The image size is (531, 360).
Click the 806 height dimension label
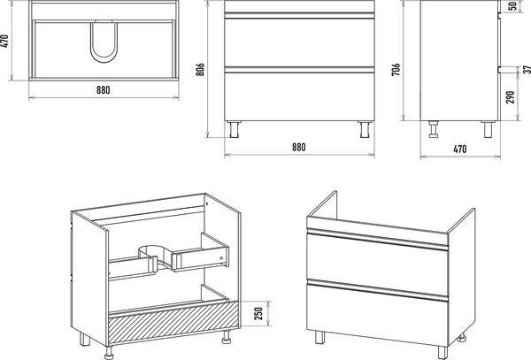(x=200, y=69)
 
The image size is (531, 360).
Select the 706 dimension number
(x=396, y=69)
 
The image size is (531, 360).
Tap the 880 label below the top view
(x=104, y=90)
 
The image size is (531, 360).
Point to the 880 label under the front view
(x=299, y=147)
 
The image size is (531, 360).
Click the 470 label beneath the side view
(x=460, y=149)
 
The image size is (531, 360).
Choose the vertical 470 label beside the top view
(x=4, y=42)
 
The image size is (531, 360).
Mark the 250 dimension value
(x=258, y=314)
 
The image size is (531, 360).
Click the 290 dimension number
(x=511, y=97)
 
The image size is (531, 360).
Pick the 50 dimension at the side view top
(x=513, y=6)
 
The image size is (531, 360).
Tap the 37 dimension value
(x=527, y=69)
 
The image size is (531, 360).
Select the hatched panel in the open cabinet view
(x=173, y=321)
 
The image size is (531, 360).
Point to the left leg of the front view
(x=235, y=129)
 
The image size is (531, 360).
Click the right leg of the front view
(x=365, y=129)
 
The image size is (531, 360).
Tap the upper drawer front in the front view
(x=299, y=42)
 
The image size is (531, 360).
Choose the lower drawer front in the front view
(x=299, y=96)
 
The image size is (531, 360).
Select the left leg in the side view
(x=433, y=129)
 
